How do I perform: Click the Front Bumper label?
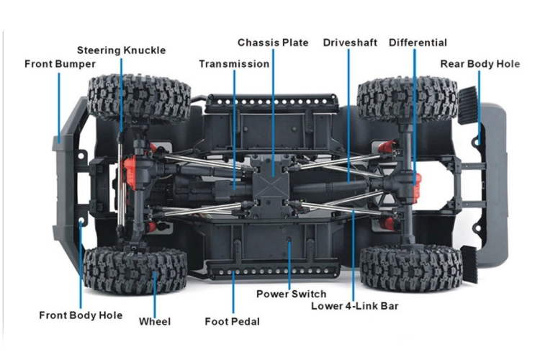tap(60, 64)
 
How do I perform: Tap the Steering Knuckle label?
tap(121, 50)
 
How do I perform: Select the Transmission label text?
tap(234, 64)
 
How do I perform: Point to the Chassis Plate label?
tap(273, 43)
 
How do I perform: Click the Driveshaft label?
tap(349, 43)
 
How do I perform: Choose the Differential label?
tap(418, 43)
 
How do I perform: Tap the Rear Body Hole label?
tap(480, 64)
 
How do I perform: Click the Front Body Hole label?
tap(81, 315)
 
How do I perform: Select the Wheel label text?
tap(155, 322)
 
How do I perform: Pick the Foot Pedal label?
tap(233, 322)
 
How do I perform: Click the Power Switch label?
tap(291, 294)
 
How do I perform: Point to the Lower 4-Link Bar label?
tap(355, 306)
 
